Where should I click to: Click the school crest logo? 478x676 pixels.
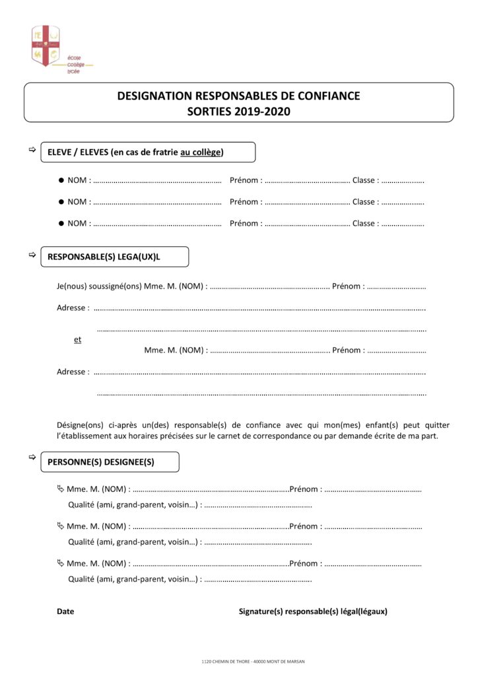point(46,46)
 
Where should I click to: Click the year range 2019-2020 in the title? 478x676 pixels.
point(262,112)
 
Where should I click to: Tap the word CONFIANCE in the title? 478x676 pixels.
point(324,96)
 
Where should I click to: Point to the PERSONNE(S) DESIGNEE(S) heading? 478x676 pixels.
point(101,462)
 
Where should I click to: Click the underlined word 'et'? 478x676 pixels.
point(78,339)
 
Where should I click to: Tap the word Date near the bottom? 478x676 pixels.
point(65,611)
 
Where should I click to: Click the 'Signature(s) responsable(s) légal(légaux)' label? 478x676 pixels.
point(313,611)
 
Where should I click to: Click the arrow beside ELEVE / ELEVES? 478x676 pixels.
point(31,151)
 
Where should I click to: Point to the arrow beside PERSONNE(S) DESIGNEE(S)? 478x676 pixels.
point(31,457)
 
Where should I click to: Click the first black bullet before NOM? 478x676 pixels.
point(61,180)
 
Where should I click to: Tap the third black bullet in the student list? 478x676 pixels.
point(61,223)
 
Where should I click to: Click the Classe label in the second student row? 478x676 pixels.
point(365,202)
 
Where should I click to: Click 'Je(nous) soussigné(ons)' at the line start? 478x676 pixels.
point(98,287)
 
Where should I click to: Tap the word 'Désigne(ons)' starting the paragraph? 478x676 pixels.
point(79,425)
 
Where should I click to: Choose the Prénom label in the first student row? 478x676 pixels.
point(246,180)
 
